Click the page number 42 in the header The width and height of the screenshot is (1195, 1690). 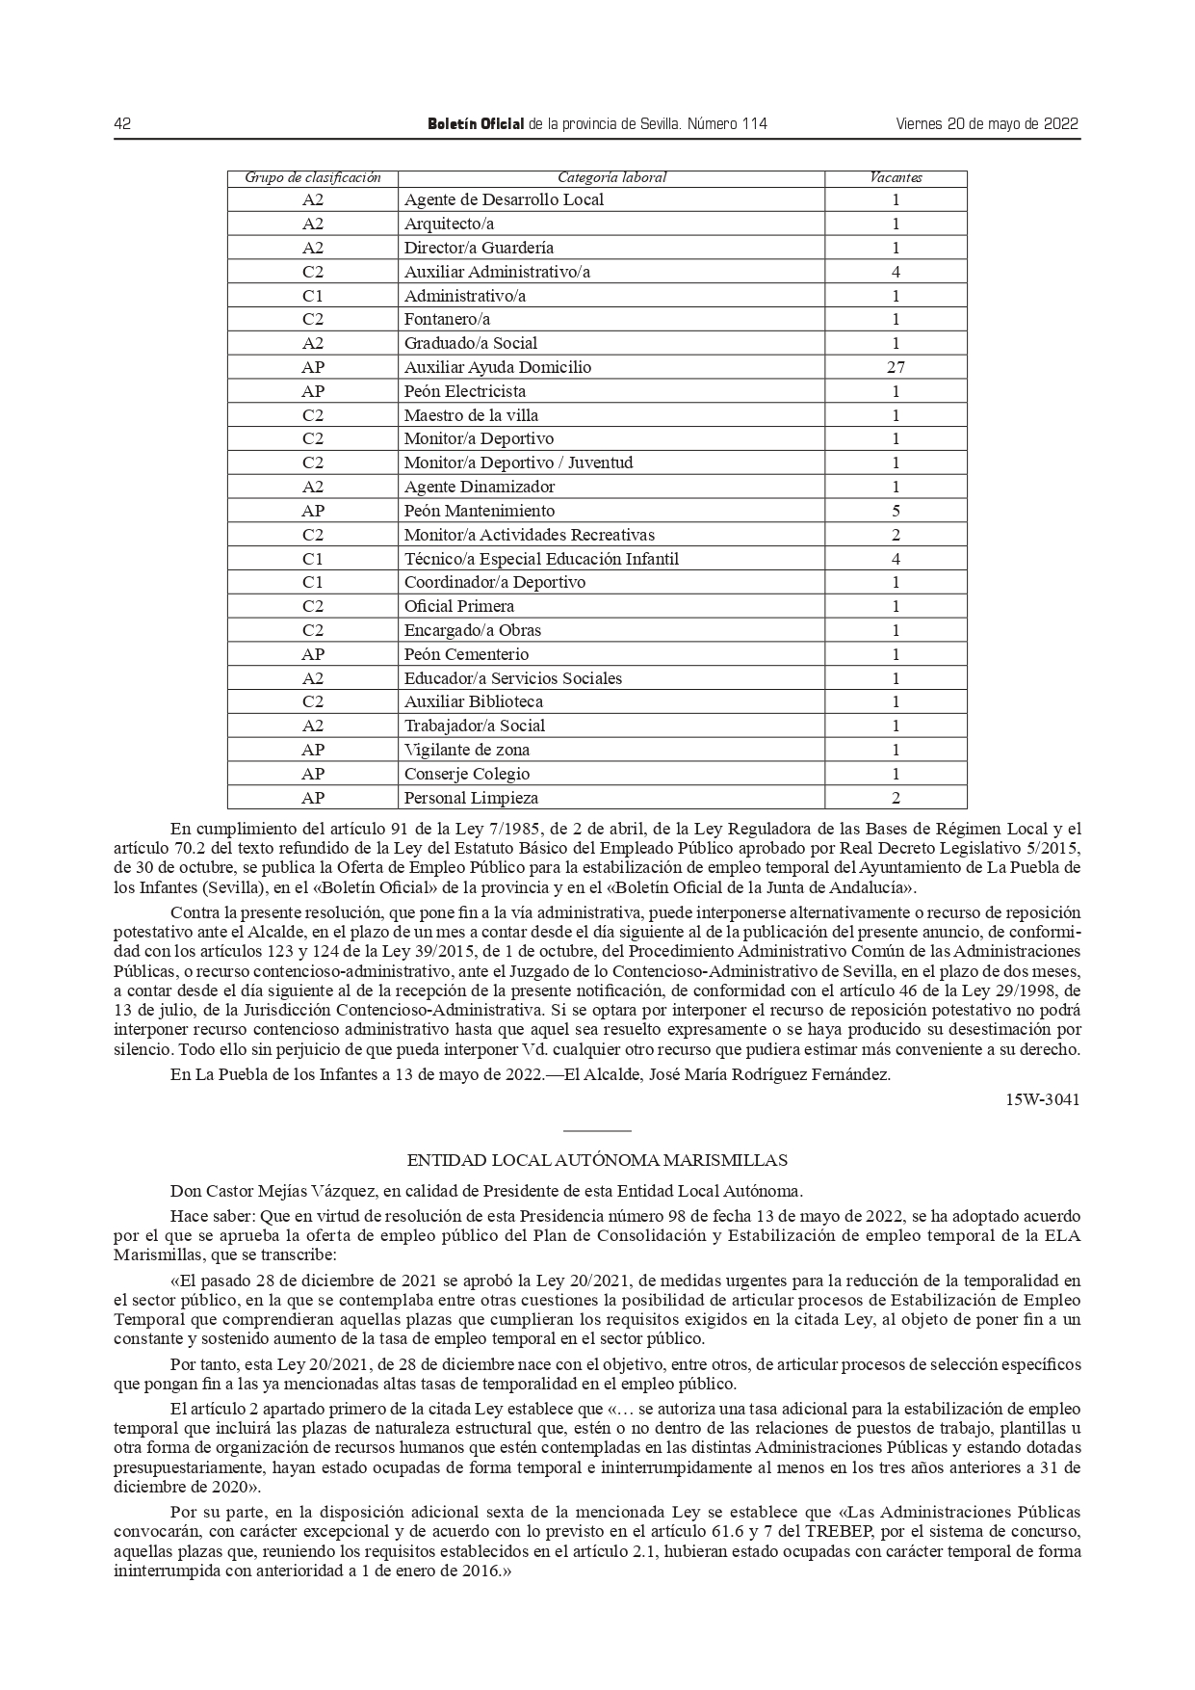coord(122,124)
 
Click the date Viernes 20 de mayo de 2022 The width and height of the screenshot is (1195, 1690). coord(987,124)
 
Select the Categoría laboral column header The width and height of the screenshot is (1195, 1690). coord(611,178)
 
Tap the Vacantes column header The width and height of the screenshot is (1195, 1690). coord(896,178)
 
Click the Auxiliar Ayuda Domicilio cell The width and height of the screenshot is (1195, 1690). coord(498,367)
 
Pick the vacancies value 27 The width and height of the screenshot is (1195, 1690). coord(896,367)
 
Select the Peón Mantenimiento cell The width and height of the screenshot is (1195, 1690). coord(480,511)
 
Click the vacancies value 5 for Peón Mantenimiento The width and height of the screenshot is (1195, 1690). coord(896,511)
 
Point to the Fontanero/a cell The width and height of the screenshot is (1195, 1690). coord(448,319)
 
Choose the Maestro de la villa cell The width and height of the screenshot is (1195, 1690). coord(471,415)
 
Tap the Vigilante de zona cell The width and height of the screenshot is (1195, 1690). coord(467,750)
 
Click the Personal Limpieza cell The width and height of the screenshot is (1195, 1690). coord(471,798)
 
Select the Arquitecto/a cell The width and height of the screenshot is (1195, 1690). coord(449,224)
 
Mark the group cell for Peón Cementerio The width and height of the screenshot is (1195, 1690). coord(313,654)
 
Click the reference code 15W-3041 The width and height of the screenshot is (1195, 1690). coord(1043,1099)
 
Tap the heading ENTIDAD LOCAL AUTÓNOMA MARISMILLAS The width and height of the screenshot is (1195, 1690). coord(597,1161)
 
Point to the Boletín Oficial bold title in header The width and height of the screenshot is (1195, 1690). coord(476,124)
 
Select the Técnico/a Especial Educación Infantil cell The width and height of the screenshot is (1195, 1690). coord(541,559)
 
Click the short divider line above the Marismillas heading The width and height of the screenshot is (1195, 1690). coord(597,1130)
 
